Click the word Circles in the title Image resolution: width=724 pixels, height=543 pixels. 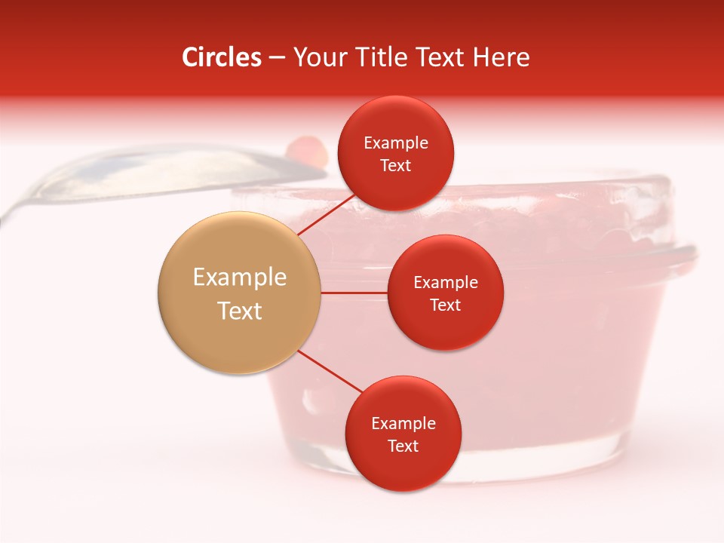pyautogui.click(x=221, y=57)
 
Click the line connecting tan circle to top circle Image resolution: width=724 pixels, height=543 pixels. pyautogui.click(x=326, y=214)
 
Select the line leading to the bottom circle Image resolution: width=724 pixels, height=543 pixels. pyautogui.click(x=330, y=370)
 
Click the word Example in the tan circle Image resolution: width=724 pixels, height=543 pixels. pyautogui.click(x=240, y=278)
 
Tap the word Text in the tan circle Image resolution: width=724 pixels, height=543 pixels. pyautogui.click(x=240, y=311)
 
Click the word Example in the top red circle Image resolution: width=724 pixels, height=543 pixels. pyautogui.click(x=396, y=143)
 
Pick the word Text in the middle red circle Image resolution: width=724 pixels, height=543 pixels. pyautogui.click(x=445, y=305)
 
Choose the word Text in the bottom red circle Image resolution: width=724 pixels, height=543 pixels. pyautogui.click(x=403, y=446)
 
